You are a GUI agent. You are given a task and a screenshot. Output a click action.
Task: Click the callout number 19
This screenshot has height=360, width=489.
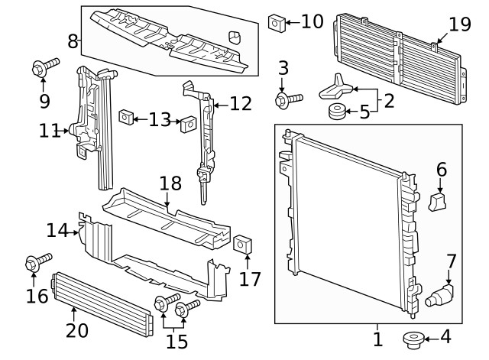point(460,24)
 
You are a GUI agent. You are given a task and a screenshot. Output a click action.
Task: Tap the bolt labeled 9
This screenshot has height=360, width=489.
point(44,66)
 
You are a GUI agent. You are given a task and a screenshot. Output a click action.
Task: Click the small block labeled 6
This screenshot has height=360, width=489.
point(439,201)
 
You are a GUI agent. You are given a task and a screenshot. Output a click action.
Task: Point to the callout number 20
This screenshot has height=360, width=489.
point(77,330)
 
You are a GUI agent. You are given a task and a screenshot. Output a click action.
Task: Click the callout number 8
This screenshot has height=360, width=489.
point(73,41)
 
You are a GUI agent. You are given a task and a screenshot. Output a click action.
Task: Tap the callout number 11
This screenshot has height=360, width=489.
point(50,131)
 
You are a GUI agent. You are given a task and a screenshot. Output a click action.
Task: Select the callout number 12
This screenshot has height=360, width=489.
point(240,103)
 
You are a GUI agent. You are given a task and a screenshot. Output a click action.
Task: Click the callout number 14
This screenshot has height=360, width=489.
point(57,229)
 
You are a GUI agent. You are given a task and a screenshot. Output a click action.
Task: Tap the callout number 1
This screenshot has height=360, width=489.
point(377,337)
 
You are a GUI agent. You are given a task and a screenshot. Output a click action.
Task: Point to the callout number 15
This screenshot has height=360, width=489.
point(176,342)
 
